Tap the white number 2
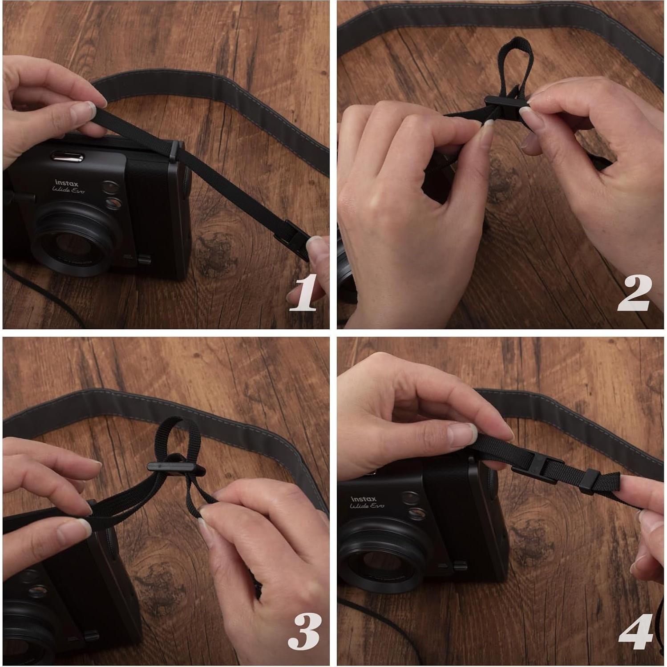(x=635, y=292)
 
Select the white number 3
(x=304, y=631)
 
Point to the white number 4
(x=635, y=631)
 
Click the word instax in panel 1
(x=66, y=183)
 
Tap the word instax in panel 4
(x=363, y=499)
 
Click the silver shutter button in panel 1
(x=68, y=157)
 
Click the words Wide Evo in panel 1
(x=68, y=190)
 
